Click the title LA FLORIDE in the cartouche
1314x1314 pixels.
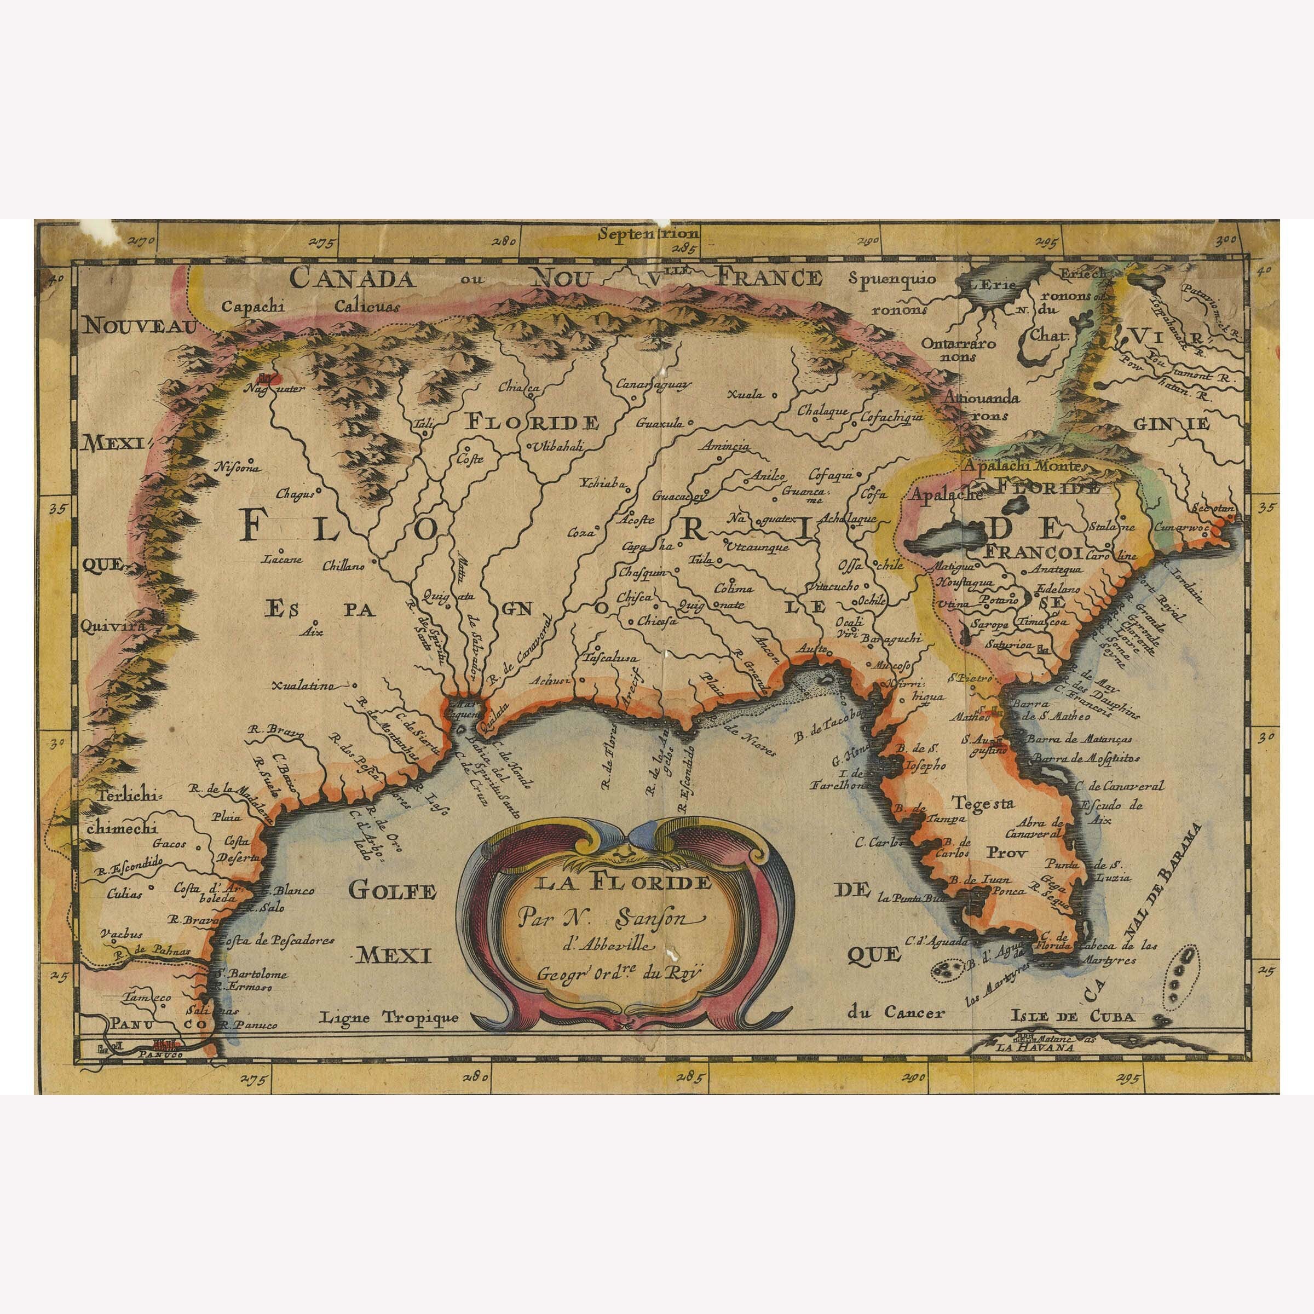(x=623, y=884)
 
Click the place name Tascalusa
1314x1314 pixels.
(x=610, y=658)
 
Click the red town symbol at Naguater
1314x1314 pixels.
(x=267, y=378)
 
